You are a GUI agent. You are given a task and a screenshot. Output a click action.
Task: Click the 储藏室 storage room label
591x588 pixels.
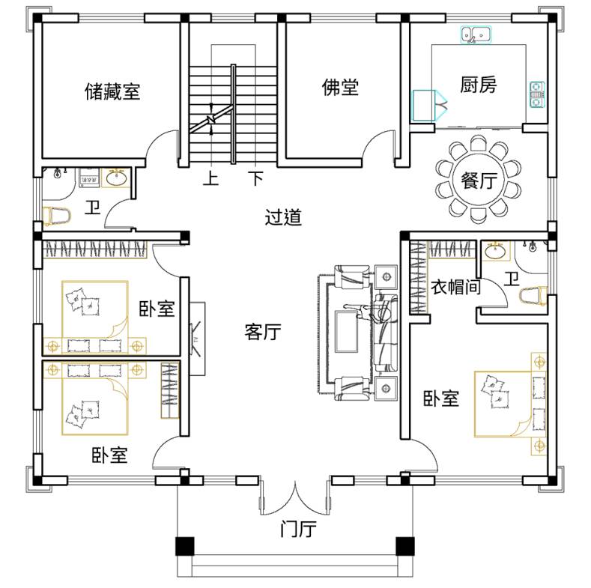(112, 91)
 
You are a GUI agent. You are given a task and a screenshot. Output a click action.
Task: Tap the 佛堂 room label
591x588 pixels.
(340, 87)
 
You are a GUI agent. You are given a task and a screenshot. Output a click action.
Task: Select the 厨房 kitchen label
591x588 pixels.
(478, 85)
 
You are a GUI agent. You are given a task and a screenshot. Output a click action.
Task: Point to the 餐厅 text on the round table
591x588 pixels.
(479, 181)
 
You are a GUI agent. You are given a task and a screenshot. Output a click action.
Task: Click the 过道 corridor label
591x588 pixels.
(283, 217)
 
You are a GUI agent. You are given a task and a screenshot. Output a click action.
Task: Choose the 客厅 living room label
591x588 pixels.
(263, 332)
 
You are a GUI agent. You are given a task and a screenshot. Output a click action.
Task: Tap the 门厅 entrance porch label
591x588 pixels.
(298, 529)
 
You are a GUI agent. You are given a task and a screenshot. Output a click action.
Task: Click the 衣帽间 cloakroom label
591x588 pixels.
(455, 287)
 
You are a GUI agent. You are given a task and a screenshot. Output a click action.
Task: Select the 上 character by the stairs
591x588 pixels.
(210, 178)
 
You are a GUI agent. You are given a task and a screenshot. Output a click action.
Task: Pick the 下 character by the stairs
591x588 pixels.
(256, 178)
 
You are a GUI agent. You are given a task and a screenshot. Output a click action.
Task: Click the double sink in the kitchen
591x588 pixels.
(476, 35)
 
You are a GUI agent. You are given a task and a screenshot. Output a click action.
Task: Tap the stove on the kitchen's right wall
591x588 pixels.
(537, 94)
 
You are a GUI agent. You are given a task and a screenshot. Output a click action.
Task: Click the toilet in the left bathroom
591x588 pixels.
(56, 216)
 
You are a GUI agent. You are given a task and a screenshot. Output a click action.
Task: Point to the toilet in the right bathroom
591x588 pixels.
(533, 296)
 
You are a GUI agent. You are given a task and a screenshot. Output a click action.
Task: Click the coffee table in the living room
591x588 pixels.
(346, 331)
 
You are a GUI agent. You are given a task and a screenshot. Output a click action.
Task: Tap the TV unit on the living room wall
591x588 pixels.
(197, 339)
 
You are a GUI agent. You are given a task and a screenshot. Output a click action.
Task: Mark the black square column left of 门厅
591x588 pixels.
(185, 546)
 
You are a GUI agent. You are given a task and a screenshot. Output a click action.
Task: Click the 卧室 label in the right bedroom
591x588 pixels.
(441, 398)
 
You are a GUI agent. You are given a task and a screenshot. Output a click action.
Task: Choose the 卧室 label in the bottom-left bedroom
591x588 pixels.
(109, 455)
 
